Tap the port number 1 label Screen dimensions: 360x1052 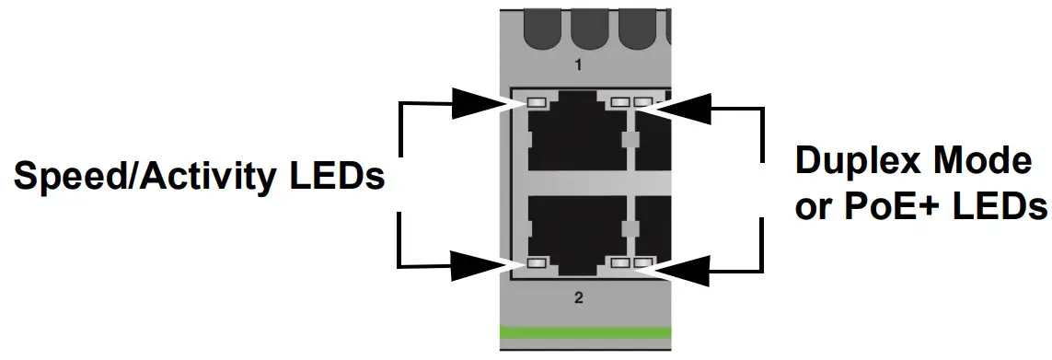pyautogui.click(x=579, y=65)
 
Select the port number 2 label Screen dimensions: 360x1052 pyautogui.click(x=579, y=297)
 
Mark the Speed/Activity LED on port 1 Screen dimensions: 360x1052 pyautogui.click(x=536, y=101)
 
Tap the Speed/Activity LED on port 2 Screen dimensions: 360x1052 pyautogui.click(x=536, y=264)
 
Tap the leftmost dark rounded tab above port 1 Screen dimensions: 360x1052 pyautogui.click(x=541, y=31)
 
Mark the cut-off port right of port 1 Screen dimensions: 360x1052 pyautogui.click(x=654, y=138)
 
